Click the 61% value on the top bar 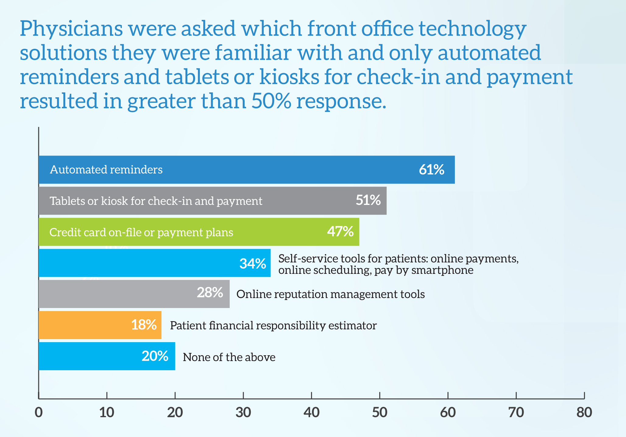tap(432, 170)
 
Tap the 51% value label tap(368, 200)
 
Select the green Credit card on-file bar tap(199, 232)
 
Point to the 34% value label tap(253, 263)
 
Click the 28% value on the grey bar tap(210, 292)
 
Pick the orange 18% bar tap(100, 325)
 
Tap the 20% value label tap(155, 356)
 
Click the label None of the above tap(229, 357)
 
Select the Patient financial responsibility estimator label tap(273, 326)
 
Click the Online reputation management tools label tap(331, 294)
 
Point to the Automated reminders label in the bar tap(106, 170)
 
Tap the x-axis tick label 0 tap(39, 413)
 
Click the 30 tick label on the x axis tap(243, 413)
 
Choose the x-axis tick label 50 tap(380, 413)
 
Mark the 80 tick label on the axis tap(584, 413)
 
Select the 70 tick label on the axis tap(516, 413)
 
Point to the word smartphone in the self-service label tap(442, 270)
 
